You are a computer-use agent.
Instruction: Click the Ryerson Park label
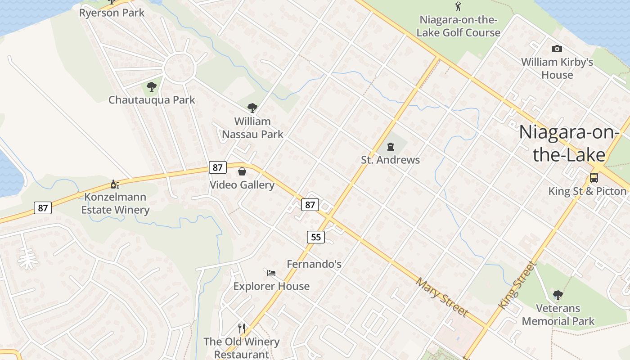(x=112, y=13)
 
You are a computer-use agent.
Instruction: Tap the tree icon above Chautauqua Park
(x=152, y=86)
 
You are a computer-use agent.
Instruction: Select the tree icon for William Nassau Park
(x=252, y=108)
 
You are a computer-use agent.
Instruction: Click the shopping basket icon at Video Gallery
(x=242, y=171)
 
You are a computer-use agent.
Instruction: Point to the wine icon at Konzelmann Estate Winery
(x=115, y=184)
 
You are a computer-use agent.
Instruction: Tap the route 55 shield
(x=316, y=237)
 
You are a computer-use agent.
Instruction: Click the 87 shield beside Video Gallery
(x=217, y=167)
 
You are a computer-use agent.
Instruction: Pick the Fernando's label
(x=314, y=264)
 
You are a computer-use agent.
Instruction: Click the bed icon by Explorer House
(x=271, y=273)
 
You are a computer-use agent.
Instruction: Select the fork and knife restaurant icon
(x=242, y=328)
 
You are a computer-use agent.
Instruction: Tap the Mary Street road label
(x=442, y=297)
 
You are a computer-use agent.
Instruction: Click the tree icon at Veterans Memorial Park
(x=558, y=295)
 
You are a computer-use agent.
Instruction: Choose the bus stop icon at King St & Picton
(x=594, y=177)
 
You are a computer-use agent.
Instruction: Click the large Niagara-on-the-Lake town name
(x=569, y=143)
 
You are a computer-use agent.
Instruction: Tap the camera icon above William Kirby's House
(x=557, y=49)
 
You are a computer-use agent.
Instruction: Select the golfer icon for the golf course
(x=458, y=6)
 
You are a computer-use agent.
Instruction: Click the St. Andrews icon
(x=390, y=146)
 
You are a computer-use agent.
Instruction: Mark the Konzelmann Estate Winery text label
(x=115, y=203)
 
